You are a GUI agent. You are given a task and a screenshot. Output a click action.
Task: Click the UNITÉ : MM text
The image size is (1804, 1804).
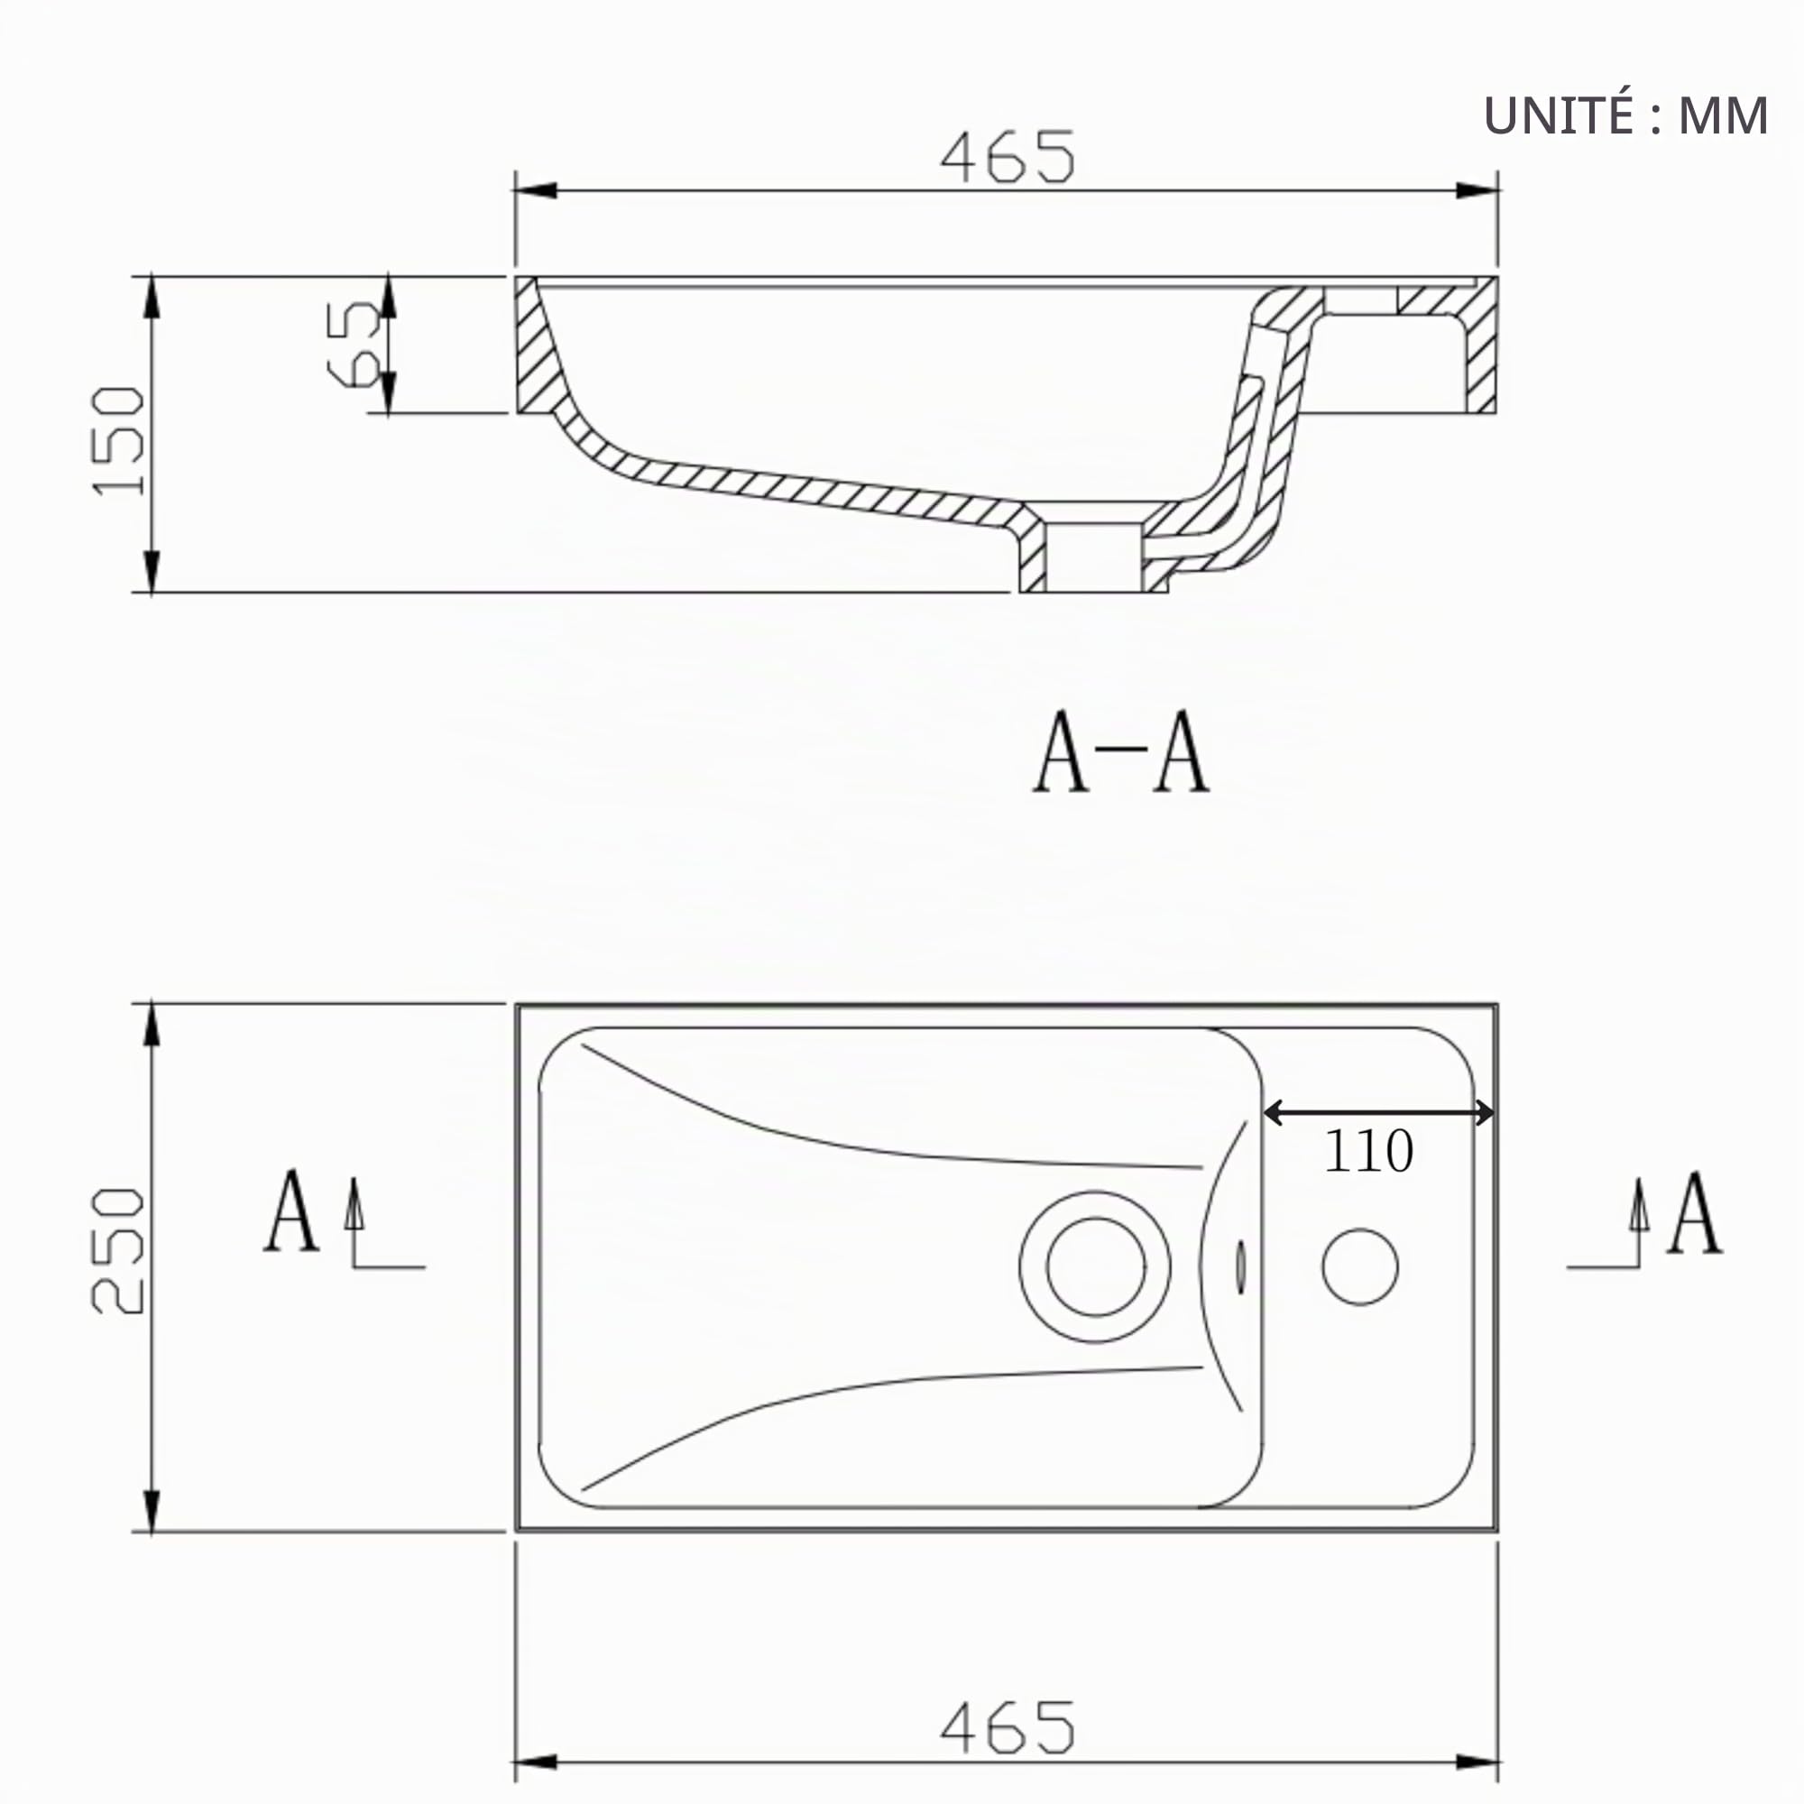(1625, 115)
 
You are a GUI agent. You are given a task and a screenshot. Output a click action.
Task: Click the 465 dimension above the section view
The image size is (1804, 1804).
(1008, 157)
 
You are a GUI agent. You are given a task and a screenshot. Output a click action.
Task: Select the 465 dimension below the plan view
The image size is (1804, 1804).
(1008, 1726)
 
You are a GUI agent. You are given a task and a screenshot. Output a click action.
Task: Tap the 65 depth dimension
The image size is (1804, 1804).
(354, 343)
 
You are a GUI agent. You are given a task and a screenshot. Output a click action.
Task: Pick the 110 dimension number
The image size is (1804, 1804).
(1368, 1151)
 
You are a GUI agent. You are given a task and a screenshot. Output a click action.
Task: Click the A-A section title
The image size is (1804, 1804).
(1120, 751)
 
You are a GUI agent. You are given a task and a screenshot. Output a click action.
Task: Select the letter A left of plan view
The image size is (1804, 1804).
(292, 1210)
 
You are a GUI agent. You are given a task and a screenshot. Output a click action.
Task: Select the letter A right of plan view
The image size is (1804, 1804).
(1695, 1212)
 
